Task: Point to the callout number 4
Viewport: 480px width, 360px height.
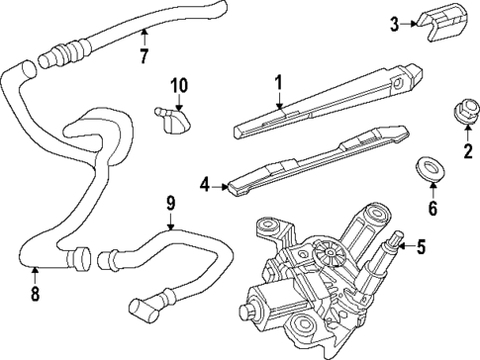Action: coord(205,183)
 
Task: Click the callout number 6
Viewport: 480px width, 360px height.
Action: coord(432,209)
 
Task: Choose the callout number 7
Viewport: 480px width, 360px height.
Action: coord(144,56)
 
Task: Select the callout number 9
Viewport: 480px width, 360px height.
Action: coord(170,206)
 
